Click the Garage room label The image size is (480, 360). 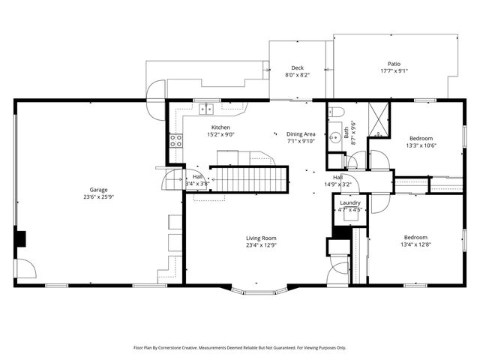coord(94,190)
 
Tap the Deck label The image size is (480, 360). coord(297,67)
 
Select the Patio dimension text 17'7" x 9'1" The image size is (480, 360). coord(393,71)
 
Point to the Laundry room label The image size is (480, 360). coord(349,202)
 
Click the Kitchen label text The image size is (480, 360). coord(220,127)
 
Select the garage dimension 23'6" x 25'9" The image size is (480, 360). coord(94,197)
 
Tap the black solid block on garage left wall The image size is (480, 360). coord(21,238)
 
